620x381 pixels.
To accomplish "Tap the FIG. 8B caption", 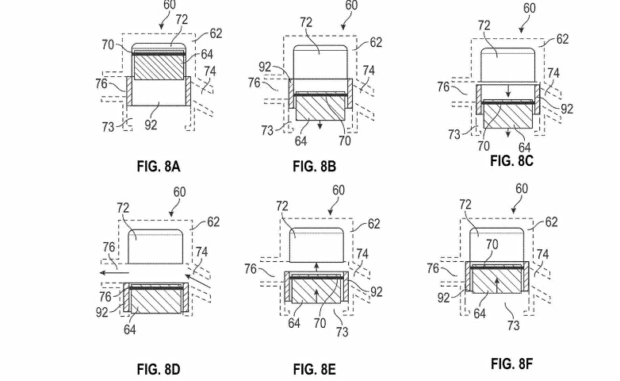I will (315, 166).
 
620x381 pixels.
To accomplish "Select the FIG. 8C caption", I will (511, 160).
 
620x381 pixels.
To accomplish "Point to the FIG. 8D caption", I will (159, 368).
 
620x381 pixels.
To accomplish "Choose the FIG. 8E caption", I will (316, 368).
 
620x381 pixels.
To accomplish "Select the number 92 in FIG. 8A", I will (158, 125).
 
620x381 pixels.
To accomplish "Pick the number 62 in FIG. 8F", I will (551, 223).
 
